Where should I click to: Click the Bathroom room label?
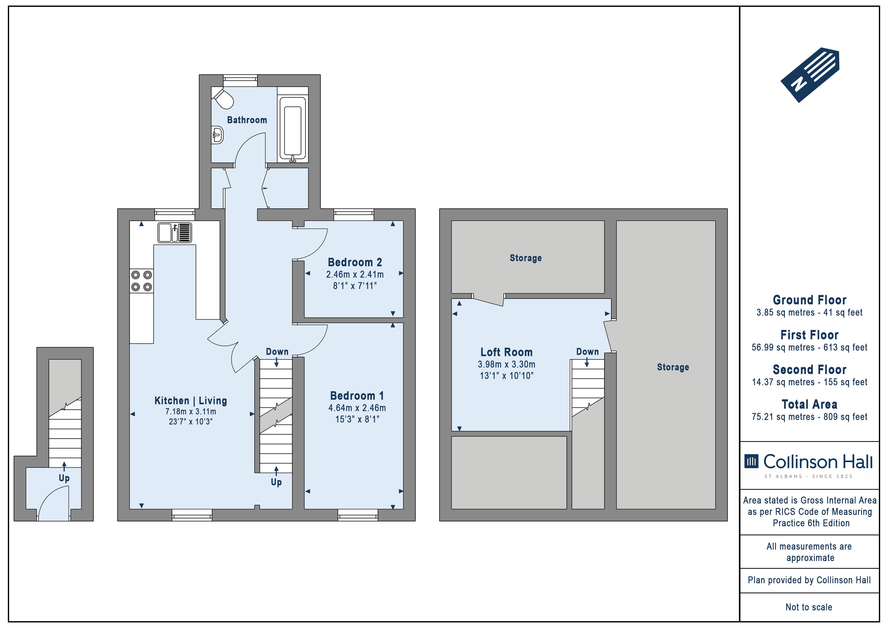click(x=247, y=120)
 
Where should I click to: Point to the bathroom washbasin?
click(x=217, y=135)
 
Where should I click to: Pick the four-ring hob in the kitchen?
click(x=142, y=281)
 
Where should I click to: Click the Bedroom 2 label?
click(x=355, y=262)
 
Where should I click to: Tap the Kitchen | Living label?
click(x=191, y=401)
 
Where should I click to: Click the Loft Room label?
click(x=507, y=352)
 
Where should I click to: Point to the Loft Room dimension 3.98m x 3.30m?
click(x=507, y=364)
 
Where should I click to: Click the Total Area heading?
click(x=810, y=404)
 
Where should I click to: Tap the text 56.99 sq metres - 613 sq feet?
click(x=810, y=347)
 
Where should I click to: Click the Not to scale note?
click(x=809, y=607)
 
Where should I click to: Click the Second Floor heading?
click(x=810, y=369)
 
